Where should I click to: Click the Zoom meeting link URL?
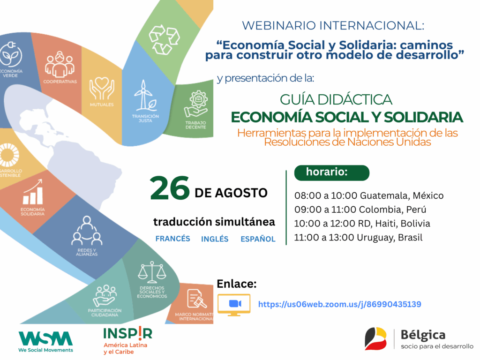pos(339,304)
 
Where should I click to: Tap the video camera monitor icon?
pos(234,305)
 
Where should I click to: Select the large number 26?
pos(170,188)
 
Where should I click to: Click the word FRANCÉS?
pos(172,239)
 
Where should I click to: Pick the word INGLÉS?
pos(215,239)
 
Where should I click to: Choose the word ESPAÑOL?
pos(258,239)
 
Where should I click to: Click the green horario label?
pos(332,172)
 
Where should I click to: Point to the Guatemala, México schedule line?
pos(369,195)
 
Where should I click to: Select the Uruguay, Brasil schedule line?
pos(358,238)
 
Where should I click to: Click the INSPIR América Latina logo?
pos(127,340)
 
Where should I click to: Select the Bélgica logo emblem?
pos(375,338)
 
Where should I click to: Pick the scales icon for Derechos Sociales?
pos(152,272)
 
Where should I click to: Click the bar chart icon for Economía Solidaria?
pos(33,192)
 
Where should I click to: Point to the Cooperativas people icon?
pos(60,64)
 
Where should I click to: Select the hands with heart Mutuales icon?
pos(102,89)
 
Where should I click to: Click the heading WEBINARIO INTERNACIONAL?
pos(333,26)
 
